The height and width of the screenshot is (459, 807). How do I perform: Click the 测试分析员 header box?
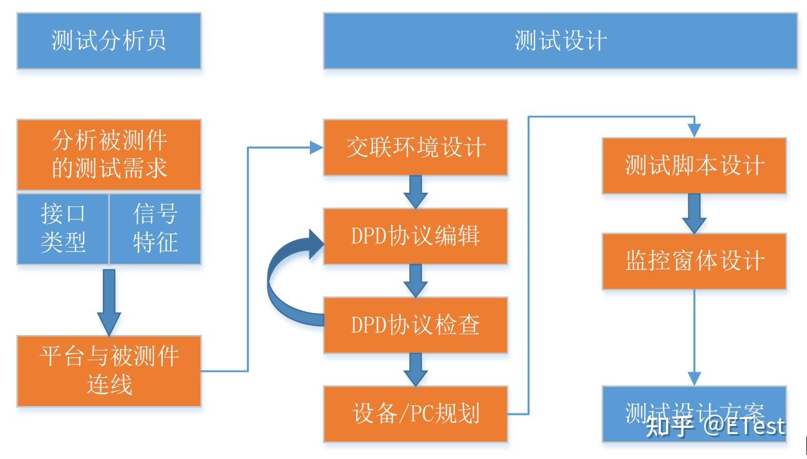click(x=109, y=41)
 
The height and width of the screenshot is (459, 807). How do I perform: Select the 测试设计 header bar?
click(x=560, y=41)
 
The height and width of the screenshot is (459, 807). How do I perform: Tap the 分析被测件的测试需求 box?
click(x=109, y=155)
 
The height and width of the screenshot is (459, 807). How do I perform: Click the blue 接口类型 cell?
click(x=63, y=228)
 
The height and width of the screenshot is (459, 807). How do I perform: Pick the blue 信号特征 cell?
click(x=155, y=228)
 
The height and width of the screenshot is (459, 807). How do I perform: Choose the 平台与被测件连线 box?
click(x=109, y=371)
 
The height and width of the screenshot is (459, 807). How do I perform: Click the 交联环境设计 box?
click(x=415, y=148)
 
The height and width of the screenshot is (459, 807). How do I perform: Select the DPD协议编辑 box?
click(x=415, y=236)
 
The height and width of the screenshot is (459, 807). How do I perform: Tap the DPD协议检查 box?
click(x=415, y=325)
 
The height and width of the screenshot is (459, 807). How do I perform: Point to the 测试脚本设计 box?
click(x=694, y=166)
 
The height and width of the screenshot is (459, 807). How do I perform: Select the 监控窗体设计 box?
click(x=694, y=261)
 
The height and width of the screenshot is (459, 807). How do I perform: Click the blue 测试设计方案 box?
click(x=694, y=413)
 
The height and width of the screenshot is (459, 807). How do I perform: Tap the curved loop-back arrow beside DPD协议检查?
click(x=281, y=281)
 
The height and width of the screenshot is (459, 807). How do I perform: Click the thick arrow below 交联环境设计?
click(x=415, y=191)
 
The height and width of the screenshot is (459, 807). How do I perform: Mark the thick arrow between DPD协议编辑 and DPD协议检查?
click(x=415, y=281)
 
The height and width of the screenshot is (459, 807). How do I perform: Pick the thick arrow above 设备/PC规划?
click(x=415, y=369)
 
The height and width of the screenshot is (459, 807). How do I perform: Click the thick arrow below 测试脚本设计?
click(x=694, y=213)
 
